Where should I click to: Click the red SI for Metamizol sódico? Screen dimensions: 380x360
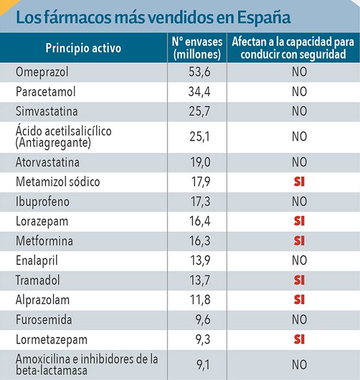(x=300, y=181)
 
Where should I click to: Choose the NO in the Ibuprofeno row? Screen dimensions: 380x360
(x=300, y=201)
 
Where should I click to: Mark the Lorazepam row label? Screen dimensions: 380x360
(x=41, y=220)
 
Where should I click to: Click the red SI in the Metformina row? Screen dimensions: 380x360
(x=300, y=240)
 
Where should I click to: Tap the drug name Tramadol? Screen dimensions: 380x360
(x=38, y=280)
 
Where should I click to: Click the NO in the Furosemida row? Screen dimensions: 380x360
(x=300, y=320)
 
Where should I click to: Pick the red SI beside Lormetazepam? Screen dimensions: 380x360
(x=300, y=340)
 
